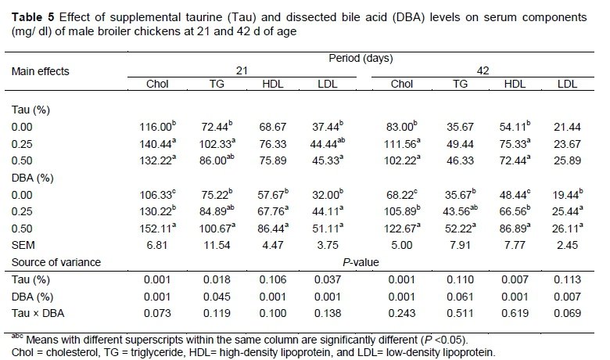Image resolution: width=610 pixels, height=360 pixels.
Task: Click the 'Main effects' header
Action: (x=40, y=71)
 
